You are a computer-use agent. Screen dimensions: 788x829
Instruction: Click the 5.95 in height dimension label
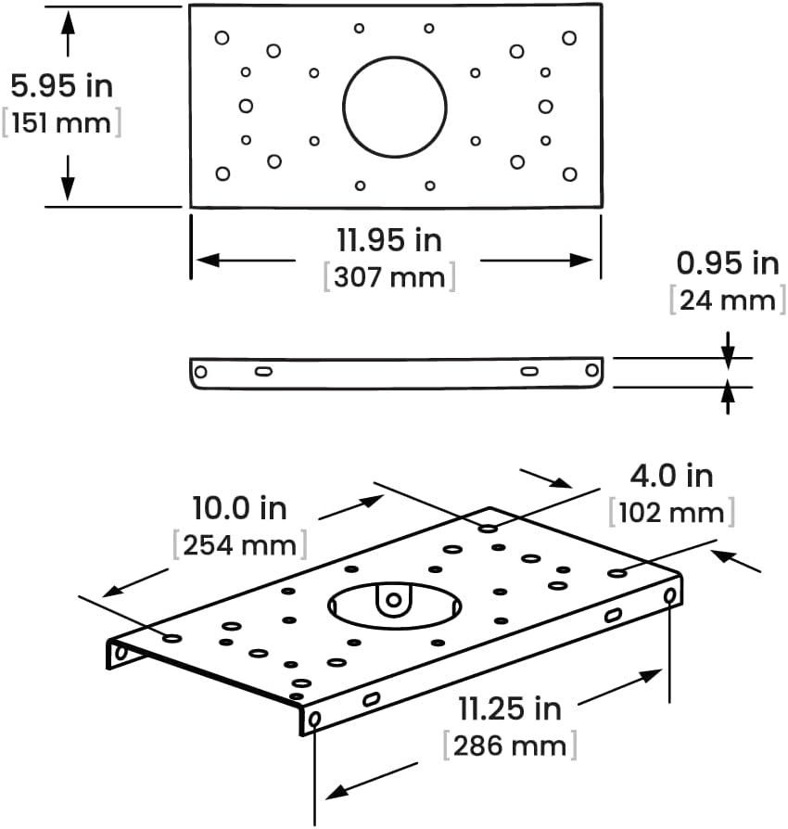click(62, 85)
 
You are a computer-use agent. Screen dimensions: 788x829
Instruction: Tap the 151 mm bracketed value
click(61, 122)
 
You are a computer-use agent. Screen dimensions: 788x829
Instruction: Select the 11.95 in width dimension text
click(389, 240)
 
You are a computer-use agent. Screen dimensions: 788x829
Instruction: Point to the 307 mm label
click(389, 276)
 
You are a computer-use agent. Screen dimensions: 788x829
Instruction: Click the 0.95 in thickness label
click(728, 263)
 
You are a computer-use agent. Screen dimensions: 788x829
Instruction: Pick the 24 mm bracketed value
click(728, 300)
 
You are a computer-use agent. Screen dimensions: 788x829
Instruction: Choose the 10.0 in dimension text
click(239, 508)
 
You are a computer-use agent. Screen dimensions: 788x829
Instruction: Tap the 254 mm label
click(240, 544)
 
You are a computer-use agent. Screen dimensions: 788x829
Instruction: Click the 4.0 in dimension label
click(672, 476)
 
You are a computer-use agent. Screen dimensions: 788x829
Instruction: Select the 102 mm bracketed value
click(672, 512)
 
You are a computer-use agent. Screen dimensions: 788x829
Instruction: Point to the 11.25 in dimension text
click(510, 708)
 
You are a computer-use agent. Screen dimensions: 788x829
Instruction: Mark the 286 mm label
click(510, 746)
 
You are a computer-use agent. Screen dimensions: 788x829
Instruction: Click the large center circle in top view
click(395, 57)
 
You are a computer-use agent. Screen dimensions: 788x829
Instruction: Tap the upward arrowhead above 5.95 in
click(68, 22)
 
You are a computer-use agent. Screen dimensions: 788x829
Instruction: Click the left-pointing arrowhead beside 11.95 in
click(208, 261)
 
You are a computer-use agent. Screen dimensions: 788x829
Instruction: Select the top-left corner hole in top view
click(222, 38)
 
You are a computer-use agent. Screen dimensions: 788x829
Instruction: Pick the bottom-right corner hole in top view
click(570, 174)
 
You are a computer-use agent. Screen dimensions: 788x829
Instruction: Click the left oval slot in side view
click(263, 372)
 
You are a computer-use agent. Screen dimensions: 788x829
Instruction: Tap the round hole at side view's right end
click(591, 370)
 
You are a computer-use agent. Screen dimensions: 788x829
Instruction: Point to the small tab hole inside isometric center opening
click(393, 600)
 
